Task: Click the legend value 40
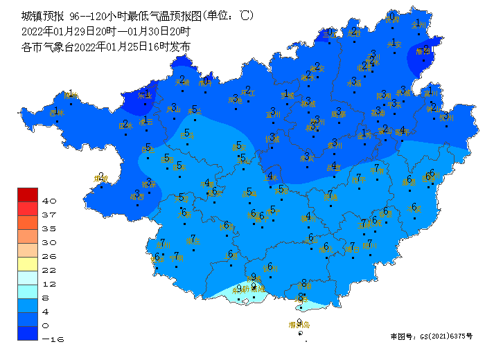[50, 201]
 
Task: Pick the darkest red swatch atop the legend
[28, 195]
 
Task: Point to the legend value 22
[50, 270]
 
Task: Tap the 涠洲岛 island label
[299, 325]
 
